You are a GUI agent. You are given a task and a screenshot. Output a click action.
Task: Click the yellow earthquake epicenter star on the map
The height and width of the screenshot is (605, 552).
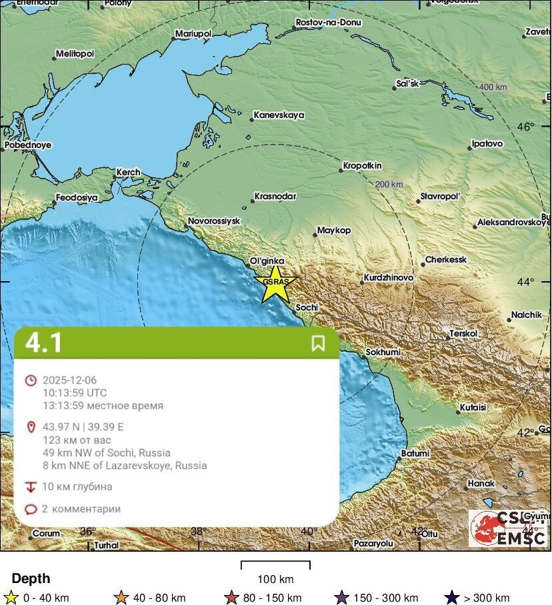point(275,283)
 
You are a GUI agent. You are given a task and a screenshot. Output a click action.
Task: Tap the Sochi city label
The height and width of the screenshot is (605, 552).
point(307,307)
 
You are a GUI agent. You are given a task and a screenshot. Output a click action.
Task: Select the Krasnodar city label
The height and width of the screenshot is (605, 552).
point(275,197)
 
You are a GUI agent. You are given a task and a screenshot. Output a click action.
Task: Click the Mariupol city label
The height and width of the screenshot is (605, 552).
point(193,33)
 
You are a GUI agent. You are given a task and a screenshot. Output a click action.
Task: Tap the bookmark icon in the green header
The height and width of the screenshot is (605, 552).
point(318,343)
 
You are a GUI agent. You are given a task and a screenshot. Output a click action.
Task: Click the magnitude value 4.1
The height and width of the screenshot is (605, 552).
point(44,343)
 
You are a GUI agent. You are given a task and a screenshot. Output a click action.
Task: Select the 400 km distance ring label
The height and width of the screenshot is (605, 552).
point(493,87)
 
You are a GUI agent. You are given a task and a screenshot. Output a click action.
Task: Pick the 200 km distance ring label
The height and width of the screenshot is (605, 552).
point(389,185)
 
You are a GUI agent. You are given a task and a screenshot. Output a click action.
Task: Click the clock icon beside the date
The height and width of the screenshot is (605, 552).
point(30,380)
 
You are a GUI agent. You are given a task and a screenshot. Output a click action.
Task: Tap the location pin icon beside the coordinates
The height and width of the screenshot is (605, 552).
point(30,427)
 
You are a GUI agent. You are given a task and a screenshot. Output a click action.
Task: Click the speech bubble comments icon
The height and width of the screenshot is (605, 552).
point(30,510)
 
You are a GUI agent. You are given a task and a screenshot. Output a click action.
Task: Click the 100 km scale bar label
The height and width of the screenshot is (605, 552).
point(275,578)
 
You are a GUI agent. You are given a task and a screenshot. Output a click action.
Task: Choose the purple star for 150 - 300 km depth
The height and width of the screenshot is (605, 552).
point(342,598)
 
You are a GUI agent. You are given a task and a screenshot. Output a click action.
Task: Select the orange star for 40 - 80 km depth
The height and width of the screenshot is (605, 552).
point(121,598)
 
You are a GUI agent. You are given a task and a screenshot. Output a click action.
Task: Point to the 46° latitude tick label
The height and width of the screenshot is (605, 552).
point(527,127)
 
